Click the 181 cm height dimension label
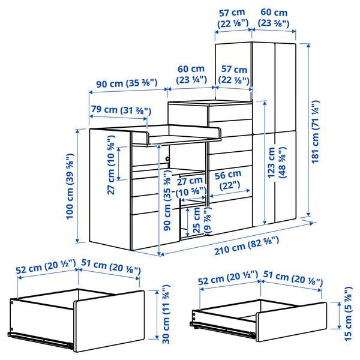316,131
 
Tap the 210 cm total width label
247,245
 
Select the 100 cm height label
70,186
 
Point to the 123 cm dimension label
277,163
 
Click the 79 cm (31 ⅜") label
121,110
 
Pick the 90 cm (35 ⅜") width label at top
127,83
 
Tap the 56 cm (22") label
229,181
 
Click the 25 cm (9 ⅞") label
202,220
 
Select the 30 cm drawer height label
166,314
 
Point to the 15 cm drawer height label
348,314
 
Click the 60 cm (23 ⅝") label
274,17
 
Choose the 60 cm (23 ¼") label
191,74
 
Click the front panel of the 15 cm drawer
291,322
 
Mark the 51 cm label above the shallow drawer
293,278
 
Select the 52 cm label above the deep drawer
46,267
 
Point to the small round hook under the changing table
167,158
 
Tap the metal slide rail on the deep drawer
40,340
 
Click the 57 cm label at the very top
233,17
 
